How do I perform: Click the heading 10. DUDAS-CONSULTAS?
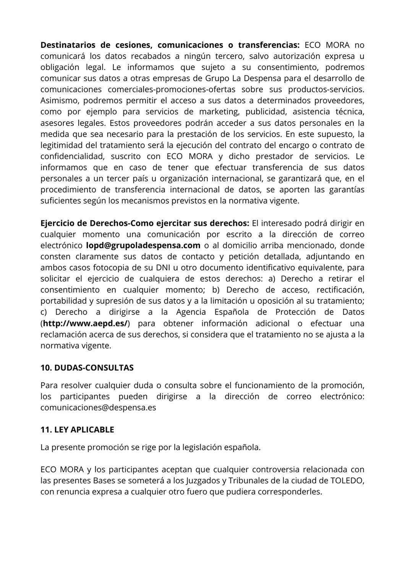(87, 368)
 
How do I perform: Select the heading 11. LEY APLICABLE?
(77, 430)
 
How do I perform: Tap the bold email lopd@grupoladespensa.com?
(143, 245)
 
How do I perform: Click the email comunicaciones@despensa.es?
(98, 408)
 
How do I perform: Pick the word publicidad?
(270, 112)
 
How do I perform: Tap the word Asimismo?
(59, 101)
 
